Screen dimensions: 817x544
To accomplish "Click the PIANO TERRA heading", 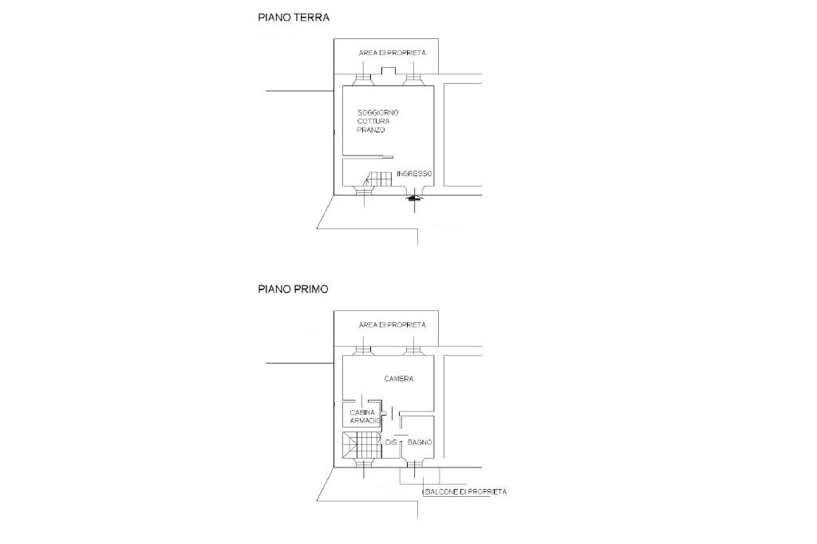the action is pyautogui.click(x=294, y=18).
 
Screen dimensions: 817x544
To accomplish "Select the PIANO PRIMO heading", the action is pyautogui.click(x=293, y=289).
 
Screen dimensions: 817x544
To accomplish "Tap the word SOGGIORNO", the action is pyautogui.click(x=377, y=112).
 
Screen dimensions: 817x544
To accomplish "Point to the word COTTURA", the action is pyautogui.click(x=373, y=121).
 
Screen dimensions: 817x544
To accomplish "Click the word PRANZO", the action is pyautogui.click(x=371, y=130).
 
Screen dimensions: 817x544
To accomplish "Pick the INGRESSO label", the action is pyautogui.click(x=414, y=174).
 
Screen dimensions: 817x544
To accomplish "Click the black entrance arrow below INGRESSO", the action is pyautogui.click(x=414, y=198).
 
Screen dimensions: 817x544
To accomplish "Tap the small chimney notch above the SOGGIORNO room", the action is pyautogui.click(x=389, y=71).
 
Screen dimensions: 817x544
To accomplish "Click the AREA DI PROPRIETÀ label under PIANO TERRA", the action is pyautogui.click(x=393, y=53).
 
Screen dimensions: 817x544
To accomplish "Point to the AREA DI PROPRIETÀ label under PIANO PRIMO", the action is pyautogui.click(x=393, y=325).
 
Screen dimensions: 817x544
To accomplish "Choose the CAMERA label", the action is pyautogui.click(x=399, y=379).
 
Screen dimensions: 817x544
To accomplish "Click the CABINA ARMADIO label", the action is pyautogui.click(x=365, y=416).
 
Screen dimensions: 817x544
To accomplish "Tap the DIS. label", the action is pyautogui.click(x=391, y=443).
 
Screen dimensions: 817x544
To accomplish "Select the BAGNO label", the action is pyautogui.click(x=420, y=443).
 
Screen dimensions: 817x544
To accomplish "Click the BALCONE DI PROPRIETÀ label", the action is pyautogui.click(x=466, y=491).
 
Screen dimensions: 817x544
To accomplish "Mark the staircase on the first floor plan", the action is pyautogui.click(x=361, y=445).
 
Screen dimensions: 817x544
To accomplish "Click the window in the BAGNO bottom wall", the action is pyautogui.click(x=415, y=464).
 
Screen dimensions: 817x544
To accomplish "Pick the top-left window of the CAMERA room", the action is pyautogui.click(x=363, y=351).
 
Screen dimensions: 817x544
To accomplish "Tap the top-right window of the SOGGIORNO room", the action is pyautogui.click(x=414, y=79).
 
